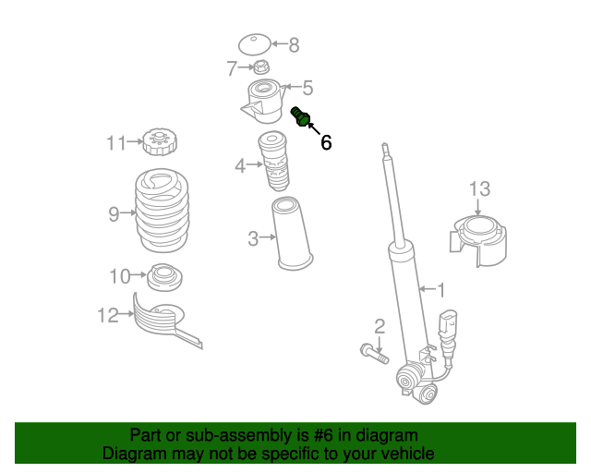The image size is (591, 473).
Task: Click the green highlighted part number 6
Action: click(301, 117)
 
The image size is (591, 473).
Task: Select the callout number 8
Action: click(294, 43)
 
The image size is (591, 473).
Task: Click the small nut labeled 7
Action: click(261, 67)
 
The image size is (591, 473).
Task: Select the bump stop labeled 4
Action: click(274, 162)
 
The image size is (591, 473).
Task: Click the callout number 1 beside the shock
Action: click(440, 288)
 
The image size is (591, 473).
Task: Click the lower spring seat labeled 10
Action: click(163, 276)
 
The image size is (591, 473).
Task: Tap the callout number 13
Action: click(479, 189)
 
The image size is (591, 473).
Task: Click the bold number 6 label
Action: click(325, 142)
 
